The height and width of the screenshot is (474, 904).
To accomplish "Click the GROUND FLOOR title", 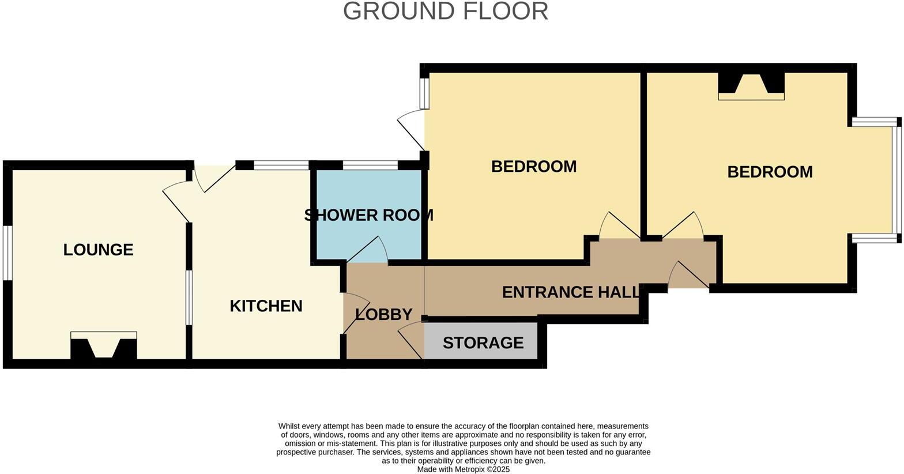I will (x=445, y=12).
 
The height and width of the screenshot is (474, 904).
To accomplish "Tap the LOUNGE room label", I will (x=98, y=250).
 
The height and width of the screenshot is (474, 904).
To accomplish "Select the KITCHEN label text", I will (x=266, y=306).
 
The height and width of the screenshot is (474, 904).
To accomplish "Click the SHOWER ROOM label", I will (x=368, y=215).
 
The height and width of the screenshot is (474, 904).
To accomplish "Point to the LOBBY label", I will (x=383, y=314).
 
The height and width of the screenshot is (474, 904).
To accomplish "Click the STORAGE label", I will (x=483, y=343).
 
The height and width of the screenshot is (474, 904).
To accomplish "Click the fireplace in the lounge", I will (x=104, y=346).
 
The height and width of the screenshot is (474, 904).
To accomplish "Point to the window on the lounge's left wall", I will (x=7, y=253).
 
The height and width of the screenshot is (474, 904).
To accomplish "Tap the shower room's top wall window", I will (x=370, y=166).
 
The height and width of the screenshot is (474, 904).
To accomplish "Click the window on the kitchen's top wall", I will (x=281, y=166).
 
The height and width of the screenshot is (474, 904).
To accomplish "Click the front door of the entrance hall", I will (x=689, y=276).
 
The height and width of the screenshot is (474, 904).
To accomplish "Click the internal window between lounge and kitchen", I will (x=189, y=297).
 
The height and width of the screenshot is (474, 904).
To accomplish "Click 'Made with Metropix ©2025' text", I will (x=464, y=469).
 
